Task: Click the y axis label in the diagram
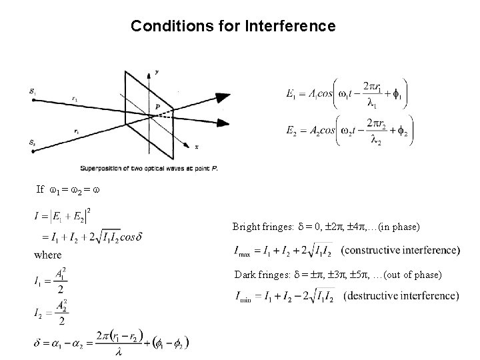(156, 71)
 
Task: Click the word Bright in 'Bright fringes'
(246, 227)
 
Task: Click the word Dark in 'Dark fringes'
(244, 274)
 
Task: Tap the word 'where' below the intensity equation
(47, 255)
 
